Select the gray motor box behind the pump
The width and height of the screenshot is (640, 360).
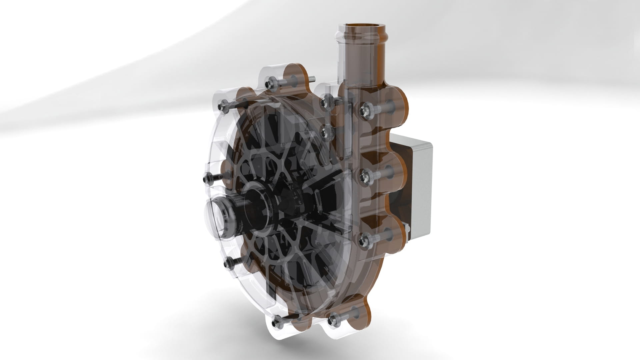pyautogui.click(x=418, y=187)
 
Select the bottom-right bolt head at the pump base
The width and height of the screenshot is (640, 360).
pyautogui.click(x=332, y=321)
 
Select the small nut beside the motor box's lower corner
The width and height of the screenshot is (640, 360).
pyautogui.click(x=406, y=228)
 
